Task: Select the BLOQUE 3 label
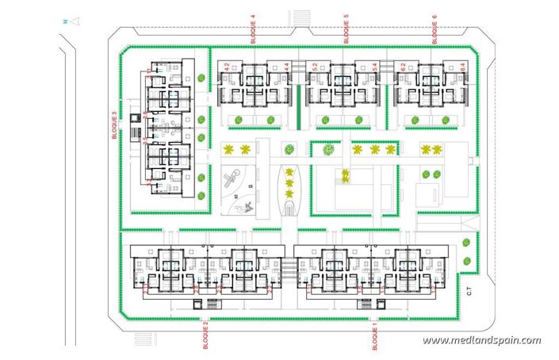click(x=116, y=125)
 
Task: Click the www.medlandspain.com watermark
click(x=481, y=341)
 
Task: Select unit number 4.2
click(x=227, y=68)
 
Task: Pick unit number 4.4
click(x=285, y=68)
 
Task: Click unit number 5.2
click(x=315, y=68)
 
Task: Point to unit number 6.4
click(x=462, y=68)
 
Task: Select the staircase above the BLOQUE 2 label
click(x=212, y=302)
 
